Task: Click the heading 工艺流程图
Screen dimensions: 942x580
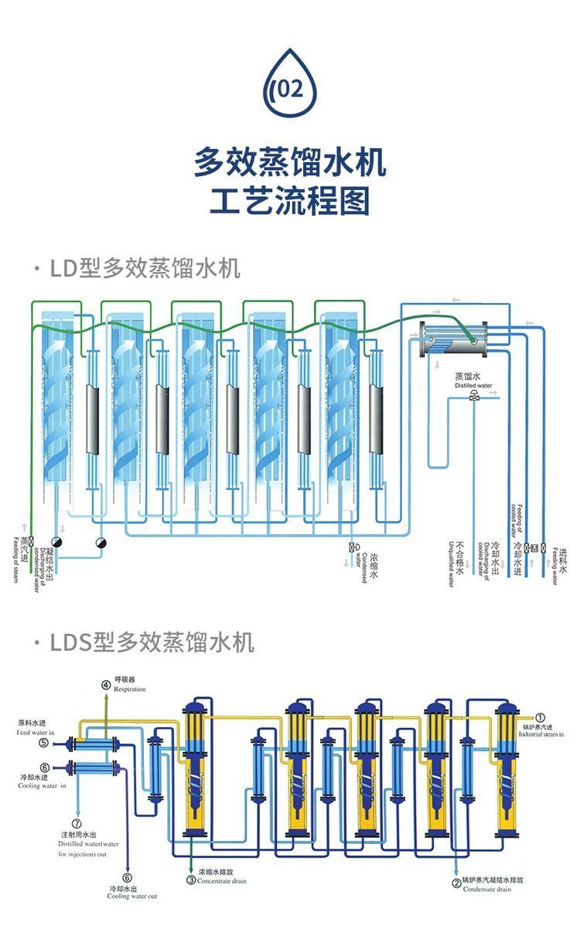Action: point(290,201)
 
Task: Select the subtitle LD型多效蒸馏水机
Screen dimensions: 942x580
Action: point(145,268)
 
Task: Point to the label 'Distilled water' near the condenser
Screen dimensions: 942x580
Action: point(473,385)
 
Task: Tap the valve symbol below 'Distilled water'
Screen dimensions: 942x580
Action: point(473,397)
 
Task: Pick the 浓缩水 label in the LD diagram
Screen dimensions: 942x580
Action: point(374,565)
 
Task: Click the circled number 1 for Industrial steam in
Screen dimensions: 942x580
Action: point(541,717)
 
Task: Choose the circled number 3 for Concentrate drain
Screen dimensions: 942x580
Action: point(191,879)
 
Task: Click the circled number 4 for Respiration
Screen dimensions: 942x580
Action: point(106,683)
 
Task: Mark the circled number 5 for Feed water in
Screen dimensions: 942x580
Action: point(43,743)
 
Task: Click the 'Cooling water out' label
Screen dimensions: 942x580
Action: point(131,896)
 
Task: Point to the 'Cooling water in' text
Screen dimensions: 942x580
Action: point(42,785)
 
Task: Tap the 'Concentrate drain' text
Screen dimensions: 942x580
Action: point(223,881)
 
